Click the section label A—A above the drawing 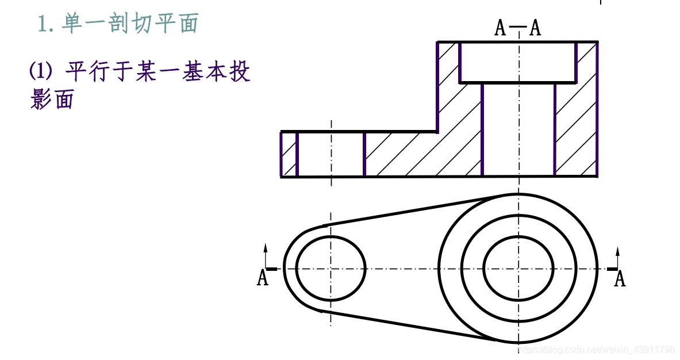(x=518, y=28)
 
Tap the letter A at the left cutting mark (x=262, y=278)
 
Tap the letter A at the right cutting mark (x=620, y=279)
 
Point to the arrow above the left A (x=266, y=253)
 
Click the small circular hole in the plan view (x=331, y=268)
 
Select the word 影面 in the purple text (x=52, y=99)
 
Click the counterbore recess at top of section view (x=518, y=62)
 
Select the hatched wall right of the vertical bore (x=576, y=129)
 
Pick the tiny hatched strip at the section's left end (x=289, y=154)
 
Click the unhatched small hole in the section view (x=331, y=154)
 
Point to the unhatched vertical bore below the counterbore (x=518, y=129)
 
